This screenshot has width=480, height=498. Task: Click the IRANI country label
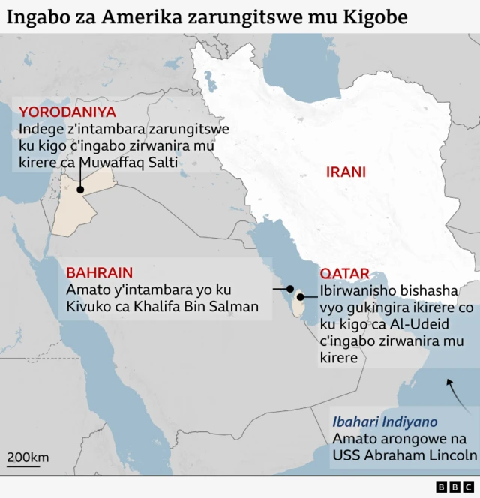346,172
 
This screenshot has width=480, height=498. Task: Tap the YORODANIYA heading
67,112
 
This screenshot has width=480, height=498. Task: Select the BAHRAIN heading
100,272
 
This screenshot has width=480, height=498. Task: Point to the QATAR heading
345,274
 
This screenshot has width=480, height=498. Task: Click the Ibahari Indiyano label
385,421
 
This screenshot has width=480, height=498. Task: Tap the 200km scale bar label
28,457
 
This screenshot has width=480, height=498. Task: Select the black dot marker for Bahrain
290,289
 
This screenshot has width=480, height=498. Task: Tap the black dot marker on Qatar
300,297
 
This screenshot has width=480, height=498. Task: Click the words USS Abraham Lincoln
405,455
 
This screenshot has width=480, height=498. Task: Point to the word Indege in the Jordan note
40,129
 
